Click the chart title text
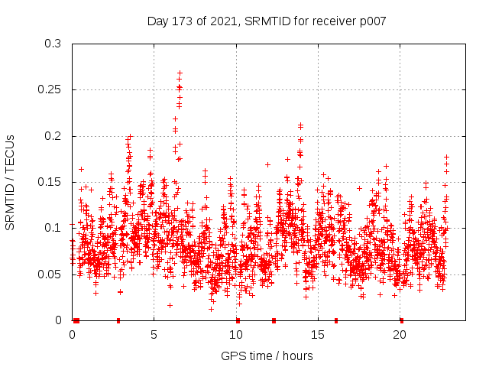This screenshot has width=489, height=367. [267, 21]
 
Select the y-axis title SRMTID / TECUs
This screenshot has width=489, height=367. [10, 182]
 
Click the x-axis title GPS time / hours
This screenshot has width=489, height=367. [267, 356]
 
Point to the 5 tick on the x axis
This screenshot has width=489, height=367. [154, 334]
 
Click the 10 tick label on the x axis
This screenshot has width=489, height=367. [236, 334]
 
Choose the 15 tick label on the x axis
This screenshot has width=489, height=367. [318, 334]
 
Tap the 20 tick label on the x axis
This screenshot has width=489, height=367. [400, 334]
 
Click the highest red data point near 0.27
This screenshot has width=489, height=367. [180, 73]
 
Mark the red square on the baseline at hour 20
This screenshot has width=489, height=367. [401, 320]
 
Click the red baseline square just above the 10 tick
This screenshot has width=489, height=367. [238, 320]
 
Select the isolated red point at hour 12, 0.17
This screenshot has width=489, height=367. [267, 164]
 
